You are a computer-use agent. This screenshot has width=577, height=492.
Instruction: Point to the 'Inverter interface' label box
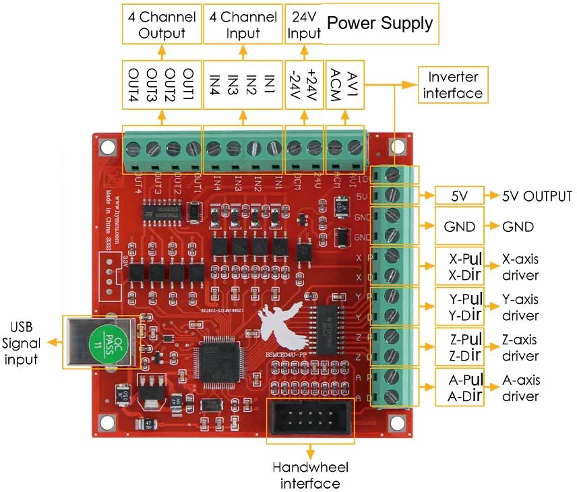click(x=452, y=85)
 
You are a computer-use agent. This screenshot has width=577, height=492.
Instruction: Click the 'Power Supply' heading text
click(x=379, y=24)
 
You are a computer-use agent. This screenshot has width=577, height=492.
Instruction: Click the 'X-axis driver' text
click(x=521, y=268)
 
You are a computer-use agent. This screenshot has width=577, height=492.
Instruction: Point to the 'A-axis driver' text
click(x=521, y=388)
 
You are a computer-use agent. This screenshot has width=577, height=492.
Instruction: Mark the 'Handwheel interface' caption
click(x=310, y=475)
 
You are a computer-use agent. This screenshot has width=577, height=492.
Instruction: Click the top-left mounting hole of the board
click(x=107, y=146)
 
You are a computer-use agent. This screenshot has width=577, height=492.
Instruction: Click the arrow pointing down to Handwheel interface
click(x=310, y=452)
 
